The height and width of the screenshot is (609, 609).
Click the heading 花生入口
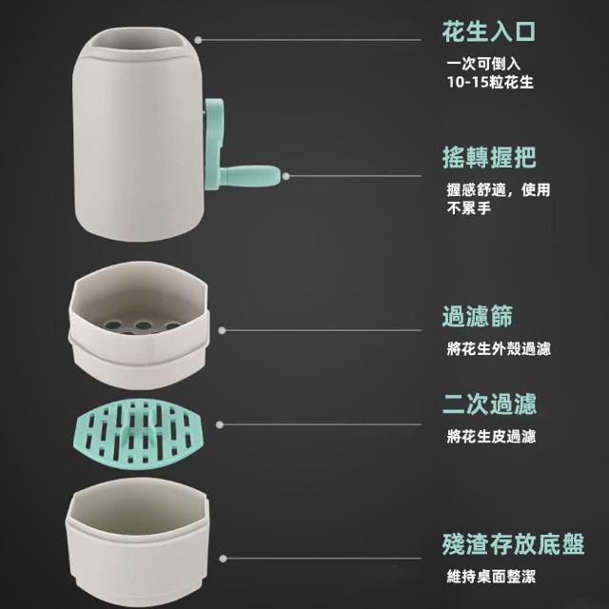(x=488, y=31)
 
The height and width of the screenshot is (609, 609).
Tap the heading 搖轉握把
(x=489, y=157)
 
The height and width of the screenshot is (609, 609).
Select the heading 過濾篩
(x=478, y=316)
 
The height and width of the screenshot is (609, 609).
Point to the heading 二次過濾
(x=489, y=403)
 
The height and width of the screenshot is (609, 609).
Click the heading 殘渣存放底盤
(x=513, y=544)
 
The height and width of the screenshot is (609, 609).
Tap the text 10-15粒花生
(x=490, y=83)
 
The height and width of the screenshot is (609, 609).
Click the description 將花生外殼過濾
(x=499, y=349)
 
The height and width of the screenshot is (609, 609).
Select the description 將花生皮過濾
(x=491, y=437)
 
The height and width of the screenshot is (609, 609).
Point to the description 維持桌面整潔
(x=491, y=577)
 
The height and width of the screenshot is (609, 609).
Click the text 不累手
(x=469, y=208)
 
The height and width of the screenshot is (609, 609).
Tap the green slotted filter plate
(x=138, y=433)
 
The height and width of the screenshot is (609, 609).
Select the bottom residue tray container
(x=137, y=540)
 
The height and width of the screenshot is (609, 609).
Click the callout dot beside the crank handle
(x=285, y=176)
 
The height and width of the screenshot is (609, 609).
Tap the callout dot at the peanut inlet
(x=198, y=40)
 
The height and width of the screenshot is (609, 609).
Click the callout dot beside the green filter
(x=220, y=424)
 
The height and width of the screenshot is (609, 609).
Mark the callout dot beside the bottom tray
(x=223, y=559)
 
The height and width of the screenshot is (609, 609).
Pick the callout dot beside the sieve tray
(x=222, y=330)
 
